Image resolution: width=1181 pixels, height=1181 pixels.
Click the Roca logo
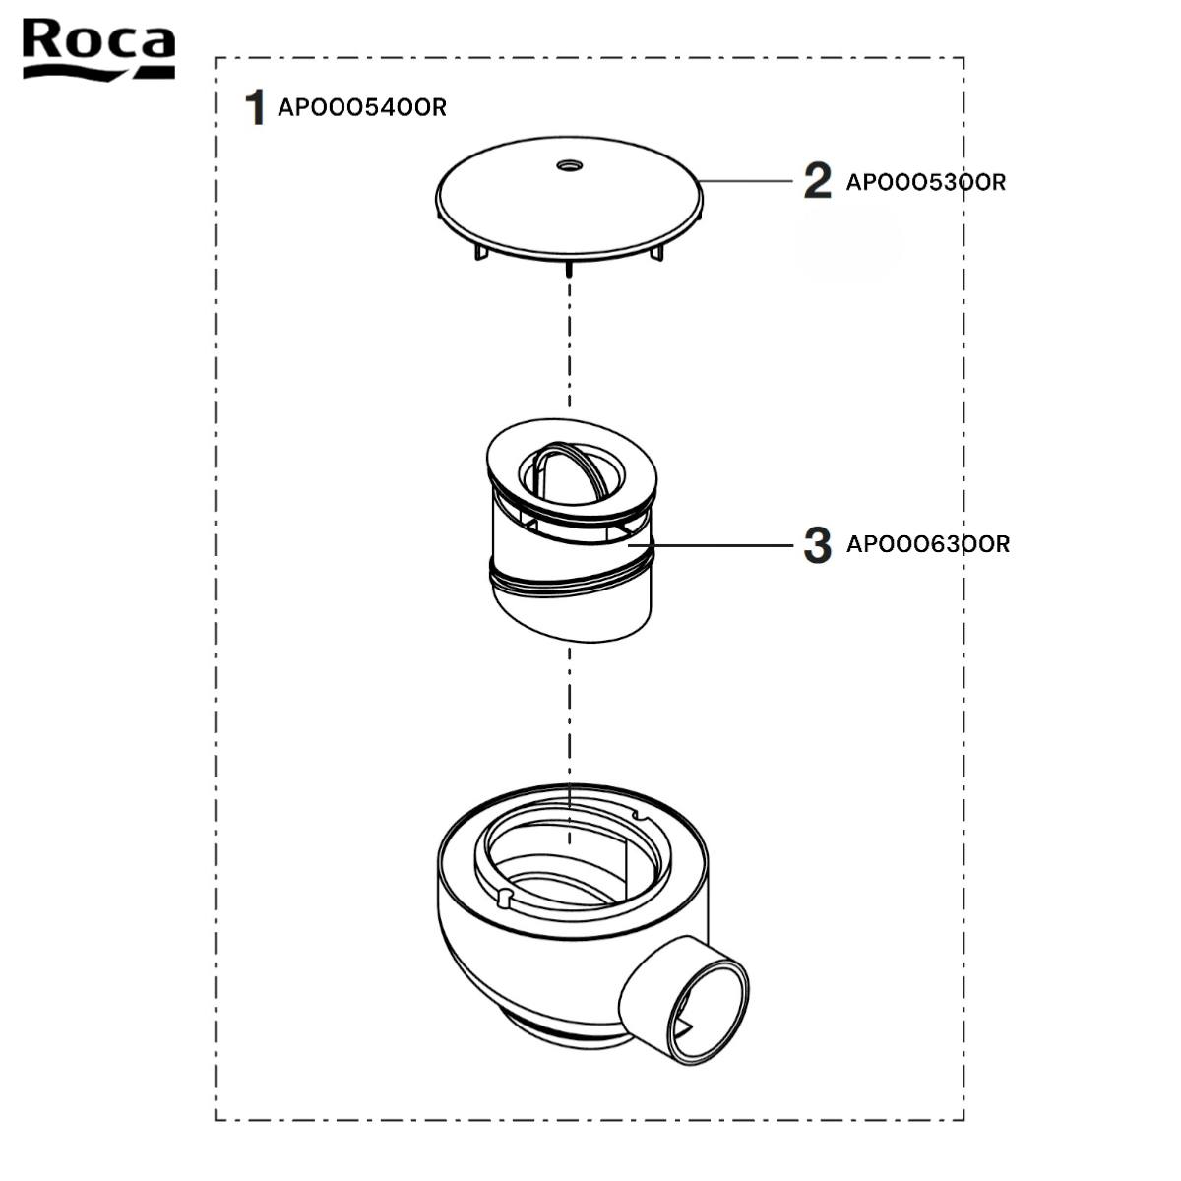(98, 49)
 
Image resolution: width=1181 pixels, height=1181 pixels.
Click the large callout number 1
(255, 107)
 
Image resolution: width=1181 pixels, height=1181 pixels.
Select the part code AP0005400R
(362, 108)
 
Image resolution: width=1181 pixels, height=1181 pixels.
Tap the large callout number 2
(818, 180)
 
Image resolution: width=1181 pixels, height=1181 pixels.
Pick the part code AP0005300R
(926, 182)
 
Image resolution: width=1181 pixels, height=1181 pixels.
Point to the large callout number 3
(818, 544)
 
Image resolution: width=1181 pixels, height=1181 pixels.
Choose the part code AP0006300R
(928, 544)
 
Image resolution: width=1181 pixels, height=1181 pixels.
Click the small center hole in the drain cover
(570, 165)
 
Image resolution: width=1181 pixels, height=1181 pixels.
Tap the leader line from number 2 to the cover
(746, 181)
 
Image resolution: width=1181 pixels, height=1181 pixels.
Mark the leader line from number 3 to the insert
(711, 545)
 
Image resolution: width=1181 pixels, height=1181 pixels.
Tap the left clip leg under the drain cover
(481, 251)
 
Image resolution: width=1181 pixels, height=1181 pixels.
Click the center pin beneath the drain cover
(570, 269)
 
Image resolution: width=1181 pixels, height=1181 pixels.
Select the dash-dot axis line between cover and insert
(570, 342)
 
